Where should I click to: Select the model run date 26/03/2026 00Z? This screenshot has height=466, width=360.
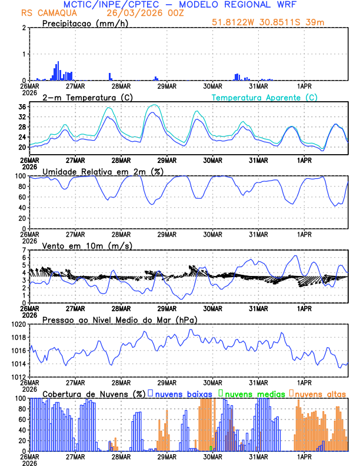140,12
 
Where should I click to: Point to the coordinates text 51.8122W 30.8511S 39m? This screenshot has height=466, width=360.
268,23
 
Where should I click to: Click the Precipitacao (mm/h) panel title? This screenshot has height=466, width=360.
86,23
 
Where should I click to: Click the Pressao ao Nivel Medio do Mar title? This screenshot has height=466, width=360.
119,319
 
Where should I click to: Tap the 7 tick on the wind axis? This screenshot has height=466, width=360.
25,250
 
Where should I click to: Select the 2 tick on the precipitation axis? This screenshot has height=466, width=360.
25,28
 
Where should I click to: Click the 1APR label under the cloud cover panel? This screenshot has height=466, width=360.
304,456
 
